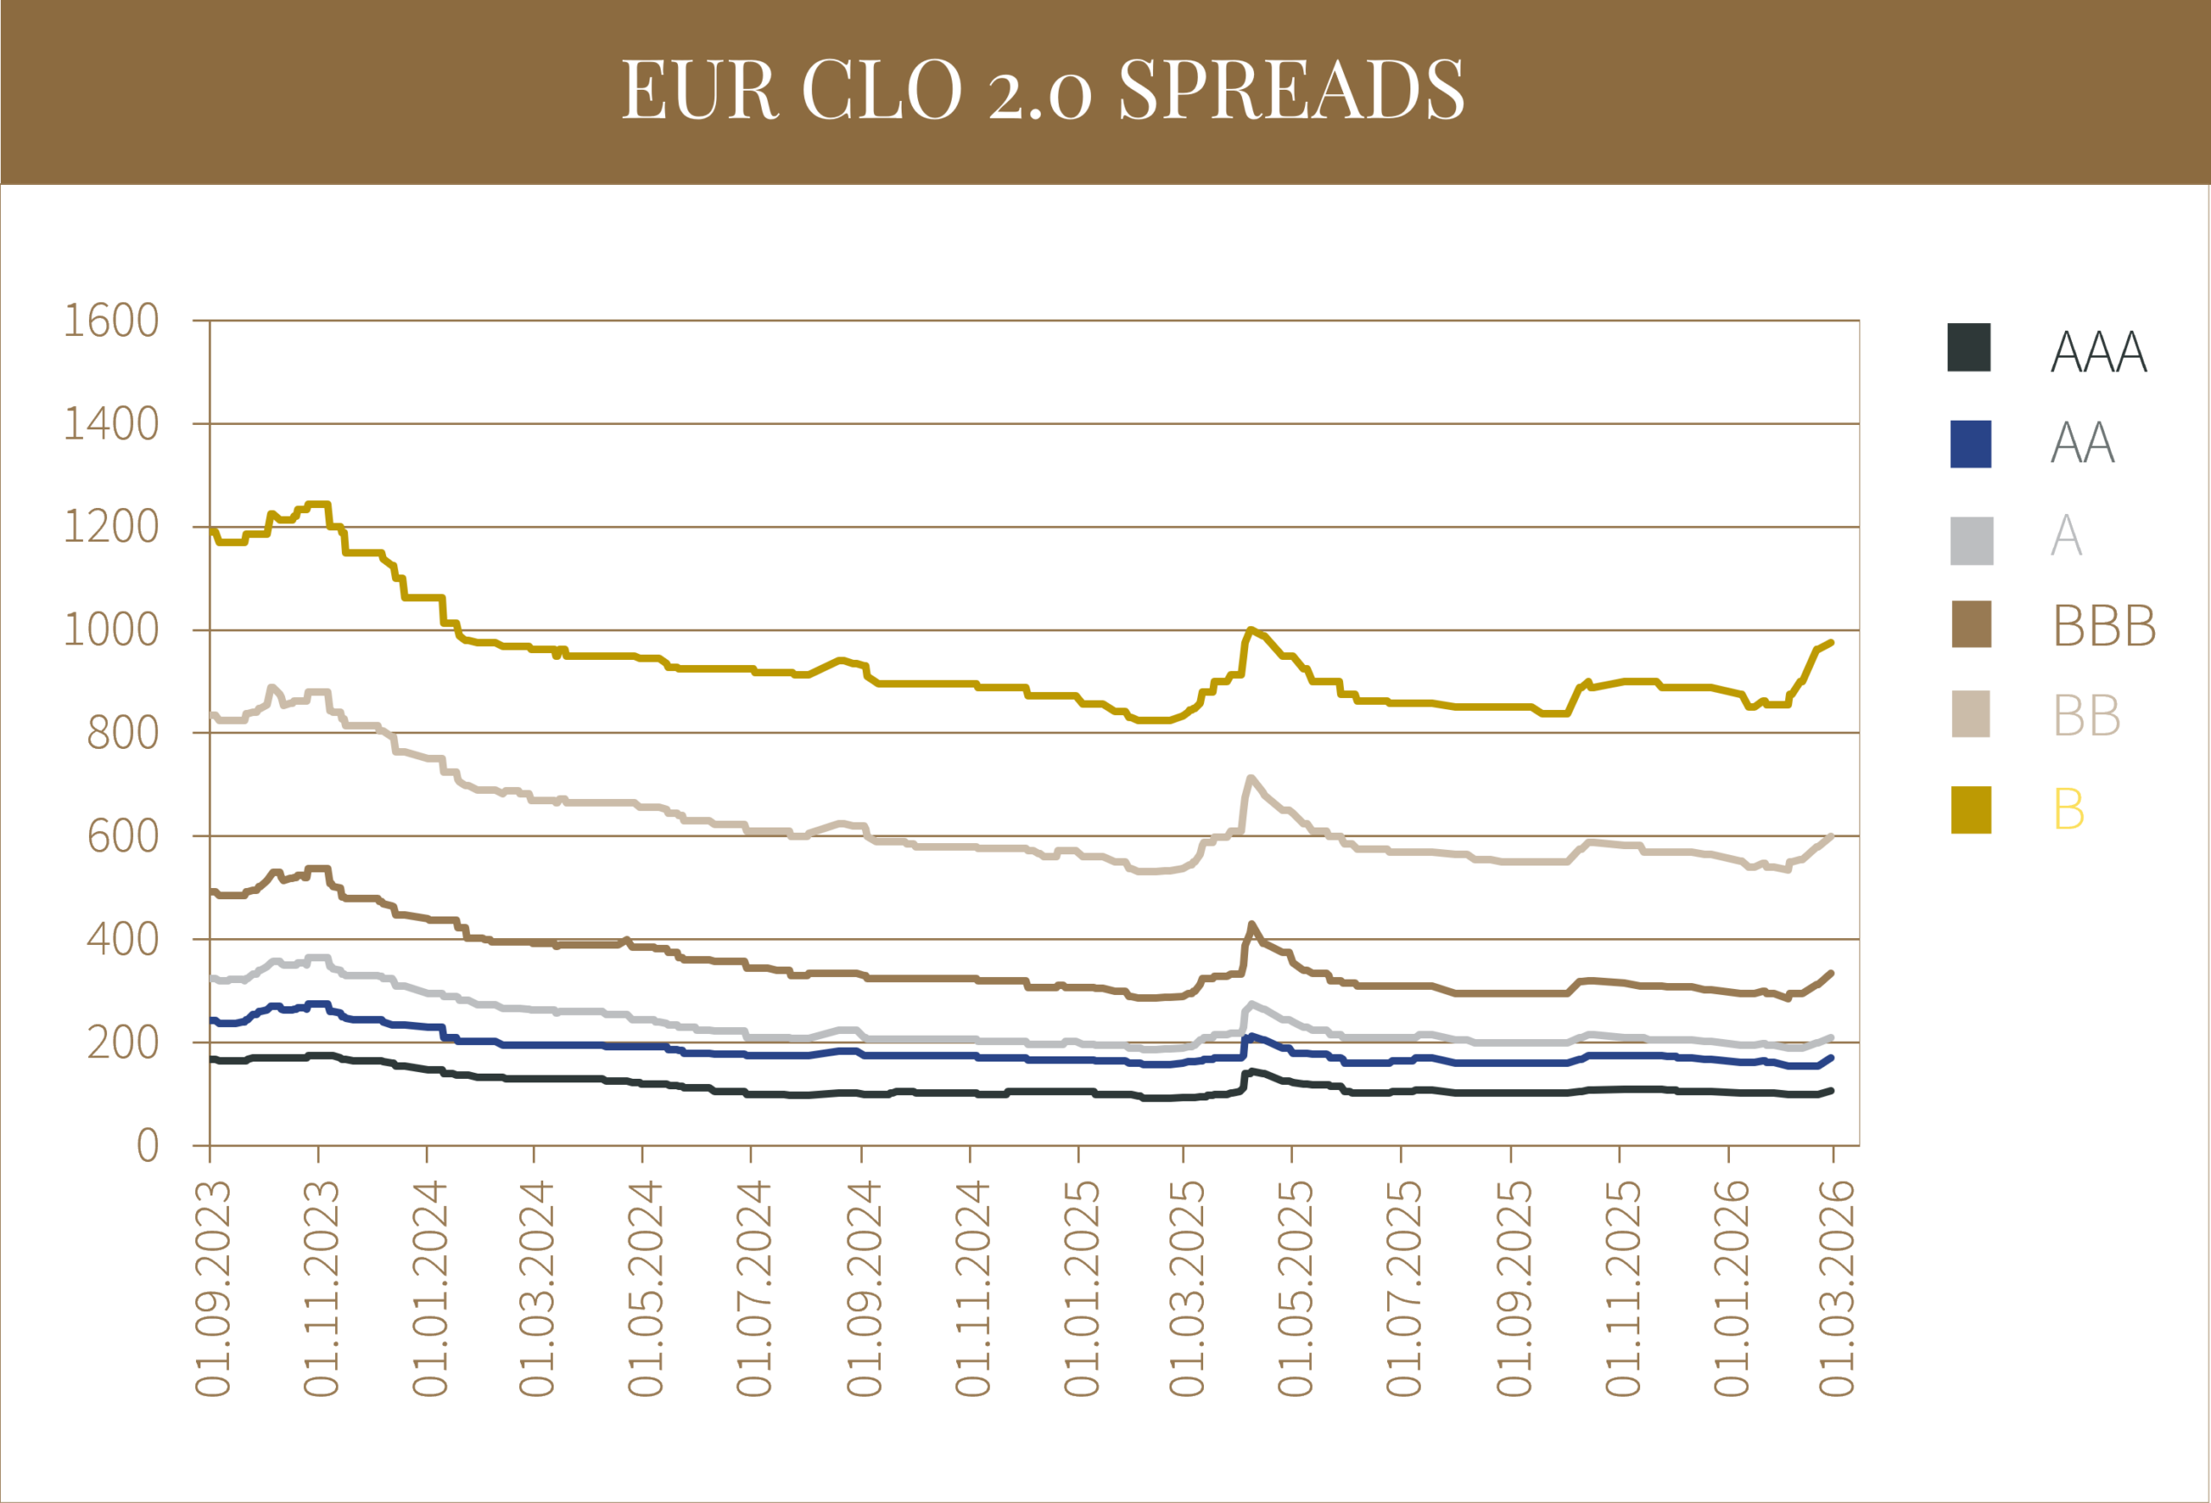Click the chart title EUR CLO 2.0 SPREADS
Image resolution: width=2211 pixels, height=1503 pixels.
click(1042, 90)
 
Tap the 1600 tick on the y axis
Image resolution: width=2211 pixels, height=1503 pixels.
click(111, 320)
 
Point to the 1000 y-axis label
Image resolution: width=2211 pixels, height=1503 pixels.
click(111, 630)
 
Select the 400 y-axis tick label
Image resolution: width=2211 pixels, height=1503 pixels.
click(122, 939)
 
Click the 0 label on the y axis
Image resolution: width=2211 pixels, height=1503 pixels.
click(147, 1145)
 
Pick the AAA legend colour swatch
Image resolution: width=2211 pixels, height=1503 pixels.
click(1968, 347)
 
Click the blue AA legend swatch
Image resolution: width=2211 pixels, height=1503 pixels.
click(1970, 444)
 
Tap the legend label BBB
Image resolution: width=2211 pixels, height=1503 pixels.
click(2105, 626)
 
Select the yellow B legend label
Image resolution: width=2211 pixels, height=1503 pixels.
click(2068, 809)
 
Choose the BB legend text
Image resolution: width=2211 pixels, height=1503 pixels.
click(2087, 715)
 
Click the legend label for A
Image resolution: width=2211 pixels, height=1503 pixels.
click(2067, 535)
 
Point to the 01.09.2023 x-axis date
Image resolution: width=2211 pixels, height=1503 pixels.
click(213, 1288)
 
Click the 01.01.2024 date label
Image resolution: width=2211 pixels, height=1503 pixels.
click(429, 1288)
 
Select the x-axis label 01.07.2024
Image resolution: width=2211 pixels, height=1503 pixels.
click(753, 1288)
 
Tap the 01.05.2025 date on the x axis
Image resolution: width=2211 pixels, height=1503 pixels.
click(1295, 1288)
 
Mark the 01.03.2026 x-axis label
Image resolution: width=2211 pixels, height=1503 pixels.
click(1836, 1288)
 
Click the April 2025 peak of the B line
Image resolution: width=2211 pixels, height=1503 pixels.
click(1250, 629)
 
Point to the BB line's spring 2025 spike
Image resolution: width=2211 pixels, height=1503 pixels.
click(1250, 777)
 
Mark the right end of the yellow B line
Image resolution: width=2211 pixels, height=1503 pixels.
click(1831, 643)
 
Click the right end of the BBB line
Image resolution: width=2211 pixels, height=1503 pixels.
click(1831, 973)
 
